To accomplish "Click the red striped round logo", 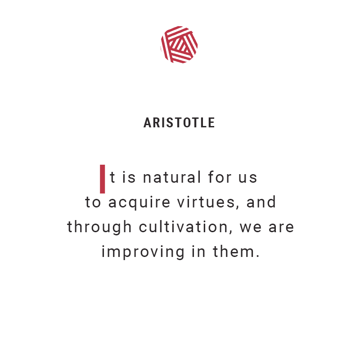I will (x=179, y=45).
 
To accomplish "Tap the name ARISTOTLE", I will (x=179, y=123).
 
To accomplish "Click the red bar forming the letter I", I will (x=103, y=179).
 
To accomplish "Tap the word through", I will (x=99, y=227).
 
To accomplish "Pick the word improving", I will (x=143, y=252).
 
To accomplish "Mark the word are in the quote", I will (x=281, y=228).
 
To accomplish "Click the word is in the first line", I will (x=129, y=178).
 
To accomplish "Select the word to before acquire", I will (x=93, y=203).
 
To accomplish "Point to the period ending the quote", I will (x=257, y=256).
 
